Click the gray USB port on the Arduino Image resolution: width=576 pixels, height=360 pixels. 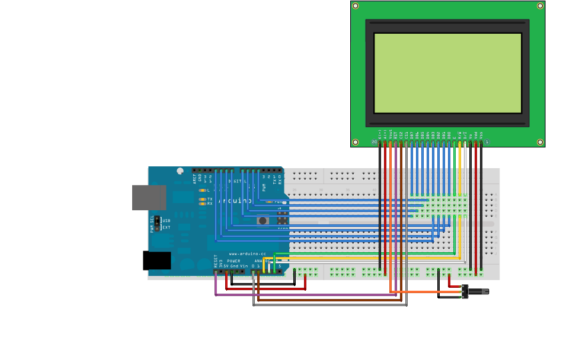point(149,197)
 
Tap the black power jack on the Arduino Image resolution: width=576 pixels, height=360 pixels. point(156,261)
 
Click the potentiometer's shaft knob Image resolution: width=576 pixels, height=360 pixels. point(479,291)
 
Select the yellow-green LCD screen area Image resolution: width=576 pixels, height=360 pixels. point(447,73)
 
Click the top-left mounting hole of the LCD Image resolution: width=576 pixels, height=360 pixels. point(356,6)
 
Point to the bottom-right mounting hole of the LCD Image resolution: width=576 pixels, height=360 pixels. point(540,142)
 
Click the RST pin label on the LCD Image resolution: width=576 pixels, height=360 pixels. point(396,135)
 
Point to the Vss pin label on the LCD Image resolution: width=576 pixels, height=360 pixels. point(481,135)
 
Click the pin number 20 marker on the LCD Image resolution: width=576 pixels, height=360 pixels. point(374,142)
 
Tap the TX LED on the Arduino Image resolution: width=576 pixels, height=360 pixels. point(203,199)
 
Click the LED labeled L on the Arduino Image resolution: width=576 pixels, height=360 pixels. point(203,190)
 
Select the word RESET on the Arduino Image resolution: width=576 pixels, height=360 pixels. point(216,261)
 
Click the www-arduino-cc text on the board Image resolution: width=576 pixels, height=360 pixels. point(243,253)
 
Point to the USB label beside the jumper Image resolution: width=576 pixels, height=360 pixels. point(166,221)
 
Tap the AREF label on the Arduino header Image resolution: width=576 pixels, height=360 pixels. point(194,178)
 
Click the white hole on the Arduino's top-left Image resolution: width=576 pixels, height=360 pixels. point(180,172)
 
